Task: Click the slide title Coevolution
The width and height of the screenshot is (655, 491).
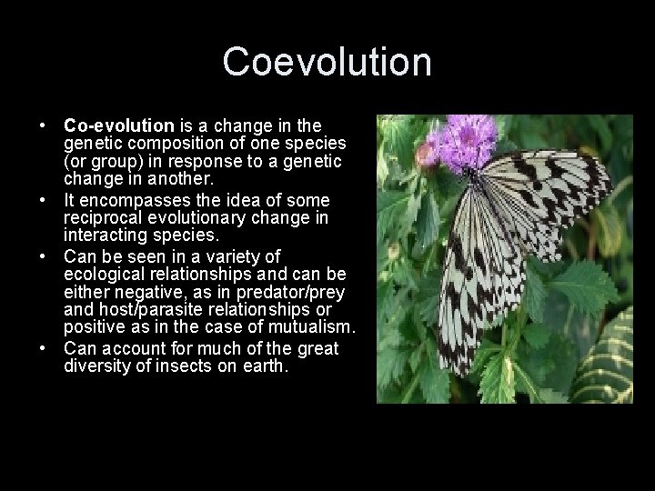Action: click(x=327, y=63)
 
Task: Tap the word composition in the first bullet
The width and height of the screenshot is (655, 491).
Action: click(x=170, y=142)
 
